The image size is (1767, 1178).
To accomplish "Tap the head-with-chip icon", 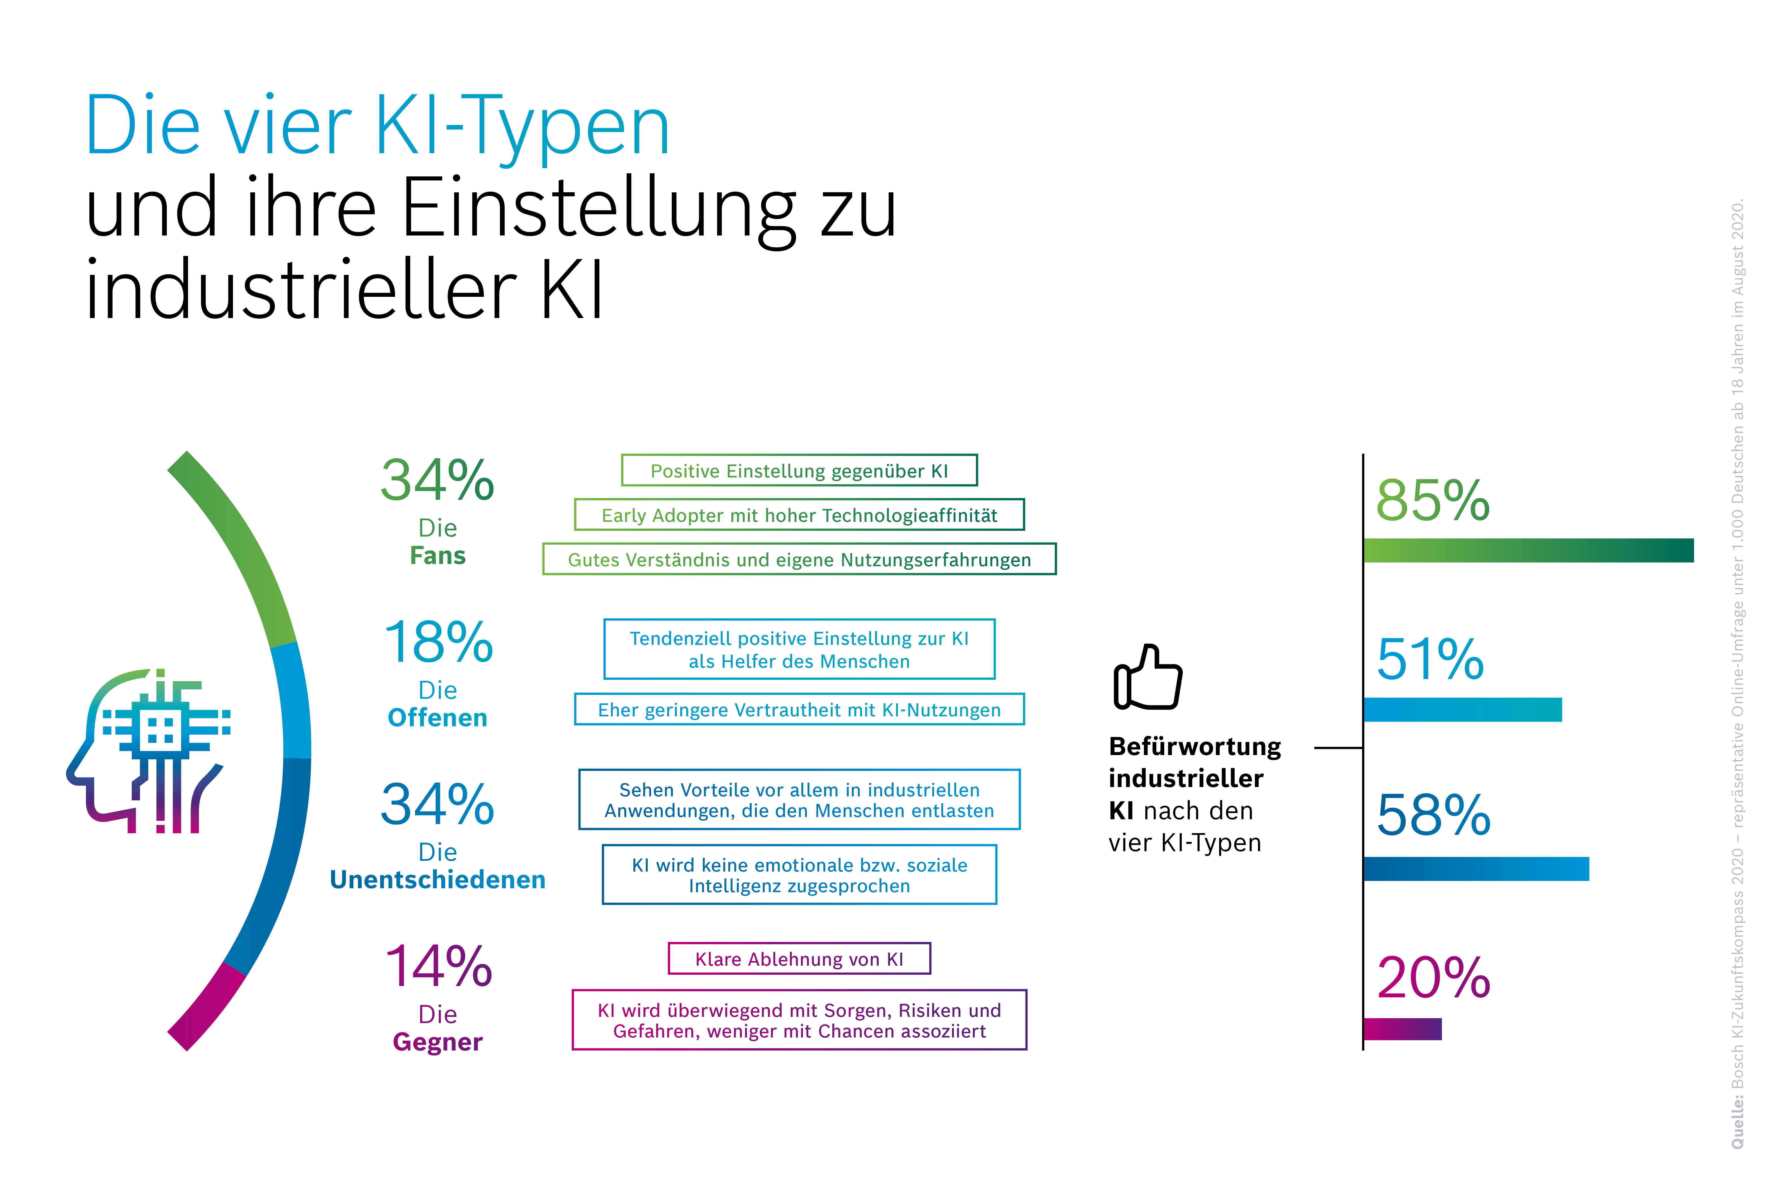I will click(150, 751).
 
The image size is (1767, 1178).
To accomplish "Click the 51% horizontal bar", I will click(1462, 709).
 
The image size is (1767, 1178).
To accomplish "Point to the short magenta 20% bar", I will click(1402, 1028).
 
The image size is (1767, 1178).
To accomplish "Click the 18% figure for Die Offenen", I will click(438, 642).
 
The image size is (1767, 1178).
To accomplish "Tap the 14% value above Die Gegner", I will click(438, 966).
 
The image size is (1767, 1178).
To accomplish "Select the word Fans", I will click(438, 556).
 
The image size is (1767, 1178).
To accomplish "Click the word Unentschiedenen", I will click(438, 880).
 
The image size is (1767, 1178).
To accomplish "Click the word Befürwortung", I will click(1194, 747).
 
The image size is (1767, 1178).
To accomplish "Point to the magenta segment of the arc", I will click(207, 1007).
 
